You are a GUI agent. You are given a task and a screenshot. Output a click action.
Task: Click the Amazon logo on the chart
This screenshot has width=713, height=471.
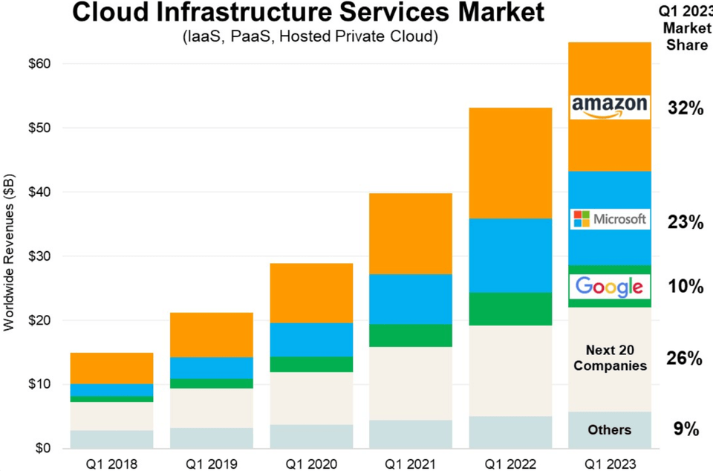point(609,107)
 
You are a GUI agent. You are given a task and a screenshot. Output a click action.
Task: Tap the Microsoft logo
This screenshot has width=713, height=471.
point(610,219)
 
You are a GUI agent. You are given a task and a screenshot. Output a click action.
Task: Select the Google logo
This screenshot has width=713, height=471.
point(609,287)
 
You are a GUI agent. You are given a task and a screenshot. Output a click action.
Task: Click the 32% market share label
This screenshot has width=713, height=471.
point(684,108)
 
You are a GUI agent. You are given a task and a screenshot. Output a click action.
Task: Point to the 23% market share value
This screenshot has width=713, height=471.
point(684,221)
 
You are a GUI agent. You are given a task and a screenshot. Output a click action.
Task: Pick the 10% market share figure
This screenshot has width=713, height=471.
point(684,287)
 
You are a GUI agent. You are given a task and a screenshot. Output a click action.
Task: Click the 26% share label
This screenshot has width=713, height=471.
point(684,359)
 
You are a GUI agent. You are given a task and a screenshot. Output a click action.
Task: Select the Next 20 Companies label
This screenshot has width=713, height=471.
point(610,357)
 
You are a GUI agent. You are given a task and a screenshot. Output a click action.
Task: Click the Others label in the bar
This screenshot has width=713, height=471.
point(609,429)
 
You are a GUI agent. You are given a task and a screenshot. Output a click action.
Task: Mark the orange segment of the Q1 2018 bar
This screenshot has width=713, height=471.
point(111,368)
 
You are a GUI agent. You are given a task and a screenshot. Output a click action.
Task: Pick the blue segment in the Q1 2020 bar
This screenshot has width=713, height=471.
point(311,340)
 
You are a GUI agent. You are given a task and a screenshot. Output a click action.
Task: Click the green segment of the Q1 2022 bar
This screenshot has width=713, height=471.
point(509,308)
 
